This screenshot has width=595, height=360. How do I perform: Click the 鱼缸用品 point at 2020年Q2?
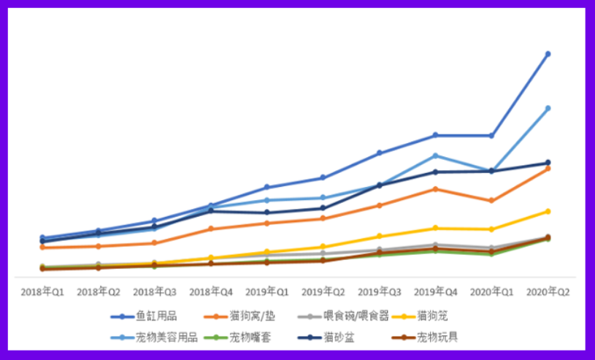(548, 54)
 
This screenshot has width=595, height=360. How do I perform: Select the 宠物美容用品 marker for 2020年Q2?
(548, 108)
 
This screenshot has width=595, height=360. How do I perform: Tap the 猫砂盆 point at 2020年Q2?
(548, 163)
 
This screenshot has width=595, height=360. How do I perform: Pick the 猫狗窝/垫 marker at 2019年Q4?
(435, 189)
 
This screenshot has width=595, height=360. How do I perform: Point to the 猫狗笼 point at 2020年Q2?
(548, 212)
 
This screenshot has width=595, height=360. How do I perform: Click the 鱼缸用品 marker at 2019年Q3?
(379, 153)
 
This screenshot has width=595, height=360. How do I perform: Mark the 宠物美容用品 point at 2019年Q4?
(435, 156)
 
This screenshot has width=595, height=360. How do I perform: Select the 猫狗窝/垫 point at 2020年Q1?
(491, 201)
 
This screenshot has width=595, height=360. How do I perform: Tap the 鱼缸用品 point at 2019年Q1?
(266, 188)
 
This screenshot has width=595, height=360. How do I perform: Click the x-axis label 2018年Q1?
(42, 291)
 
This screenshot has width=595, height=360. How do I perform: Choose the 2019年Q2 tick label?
(323, 291)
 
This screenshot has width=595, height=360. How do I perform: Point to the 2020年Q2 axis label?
(548, 291)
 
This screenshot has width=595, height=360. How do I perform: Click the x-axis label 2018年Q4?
(210, 291)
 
